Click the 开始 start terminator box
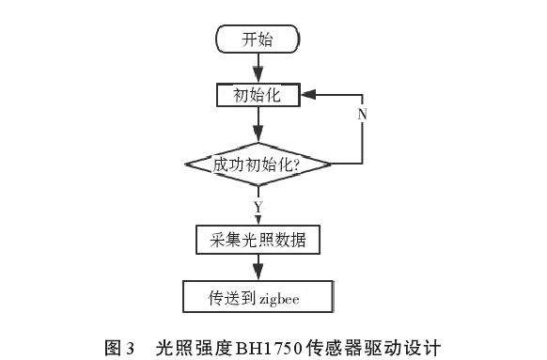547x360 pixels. pyautogui.click(x=258, y=39)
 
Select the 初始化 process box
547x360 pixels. pyautogui.click(x=257, y=96)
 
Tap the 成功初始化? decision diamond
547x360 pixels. pyautogui.click(x=258, y=164)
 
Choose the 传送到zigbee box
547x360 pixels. pyautogui.click(x=258, y=299)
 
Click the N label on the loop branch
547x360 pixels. pyautogui.click(x=361, y=113)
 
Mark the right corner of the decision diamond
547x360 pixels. pyautogui.click(x=333, y=164)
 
